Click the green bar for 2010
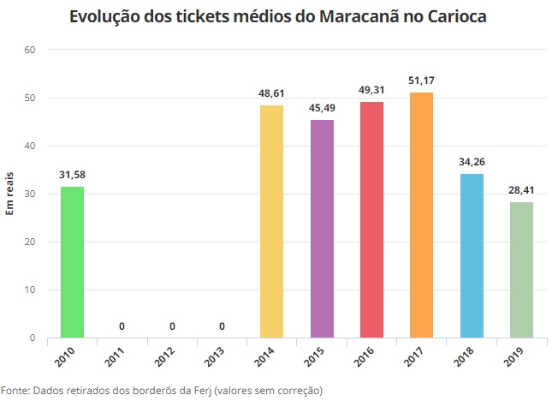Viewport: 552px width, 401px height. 73,262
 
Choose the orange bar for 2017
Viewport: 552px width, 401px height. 422,215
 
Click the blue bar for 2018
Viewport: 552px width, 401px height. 472,255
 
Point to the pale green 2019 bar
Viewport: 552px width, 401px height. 522,270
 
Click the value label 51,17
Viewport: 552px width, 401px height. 422,81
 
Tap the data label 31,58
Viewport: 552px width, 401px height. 73,175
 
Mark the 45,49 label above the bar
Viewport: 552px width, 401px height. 323,108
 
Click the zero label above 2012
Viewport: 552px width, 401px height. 172,326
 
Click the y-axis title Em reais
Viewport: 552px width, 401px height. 10,194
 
